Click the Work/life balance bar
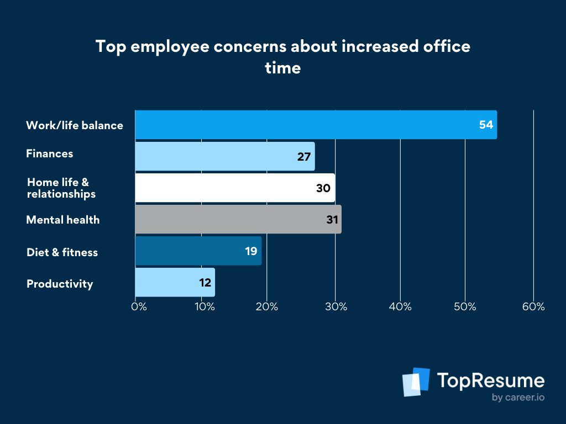[x=315, y=125]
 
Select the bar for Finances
[x=224, y=156]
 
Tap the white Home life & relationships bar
[x=234, y=188]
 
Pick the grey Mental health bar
[x=238, y=219]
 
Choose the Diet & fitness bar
[x=198, y=251]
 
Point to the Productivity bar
[x=175, y=283]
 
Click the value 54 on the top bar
[x=486, y=125]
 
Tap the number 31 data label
[x=332, y=220]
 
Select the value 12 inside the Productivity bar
[x=206, y=283]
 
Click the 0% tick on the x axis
[x=139, y=307]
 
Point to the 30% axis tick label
[x=336, y=307]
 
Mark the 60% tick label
[x=534, y=307]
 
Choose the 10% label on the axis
[x=205, y=307]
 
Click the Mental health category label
[x=63, y=220]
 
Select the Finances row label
[x=50, y=153]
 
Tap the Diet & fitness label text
[x=62, y=252]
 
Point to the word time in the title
[x=282, y=68]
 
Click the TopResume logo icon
[x=416, y=382]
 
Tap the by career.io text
[x=517, y=397]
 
